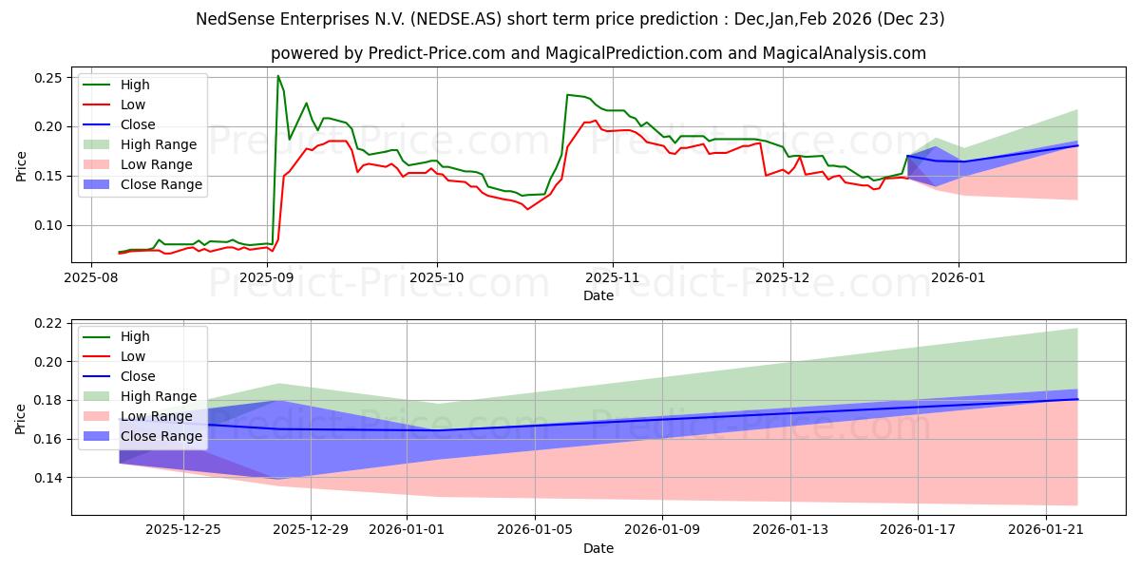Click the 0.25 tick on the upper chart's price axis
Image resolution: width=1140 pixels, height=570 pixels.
(x=47, y=78)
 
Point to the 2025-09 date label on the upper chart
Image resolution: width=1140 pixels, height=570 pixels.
(x=267, y=277)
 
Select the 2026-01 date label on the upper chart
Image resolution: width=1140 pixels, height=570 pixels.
(x=959, y=277)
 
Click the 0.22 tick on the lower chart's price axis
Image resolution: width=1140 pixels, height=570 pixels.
(x=47, y=324)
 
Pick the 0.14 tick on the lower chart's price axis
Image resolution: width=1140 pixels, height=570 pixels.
(x=47, y=478)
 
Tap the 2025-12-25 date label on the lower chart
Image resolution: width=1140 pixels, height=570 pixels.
(x=183, y=530)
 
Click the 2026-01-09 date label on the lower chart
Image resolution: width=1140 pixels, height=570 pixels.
(x=662, y=530)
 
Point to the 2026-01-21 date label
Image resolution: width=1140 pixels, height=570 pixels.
(x=1046, y=530)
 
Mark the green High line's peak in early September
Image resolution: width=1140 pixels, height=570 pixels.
(x=277, y=76)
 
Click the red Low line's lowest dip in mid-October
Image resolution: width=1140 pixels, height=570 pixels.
(x=527, y=209)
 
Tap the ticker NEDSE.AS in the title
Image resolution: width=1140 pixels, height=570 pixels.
(x=455, y=19)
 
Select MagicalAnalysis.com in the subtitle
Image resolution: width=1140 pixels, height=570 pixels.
(x=844, y=53)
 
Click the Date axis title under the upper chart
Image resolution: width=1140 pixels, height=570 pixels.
(x=598, y=295)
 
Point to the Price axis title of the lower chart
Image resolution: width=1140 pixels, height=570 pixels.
(x=20, y=419)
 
